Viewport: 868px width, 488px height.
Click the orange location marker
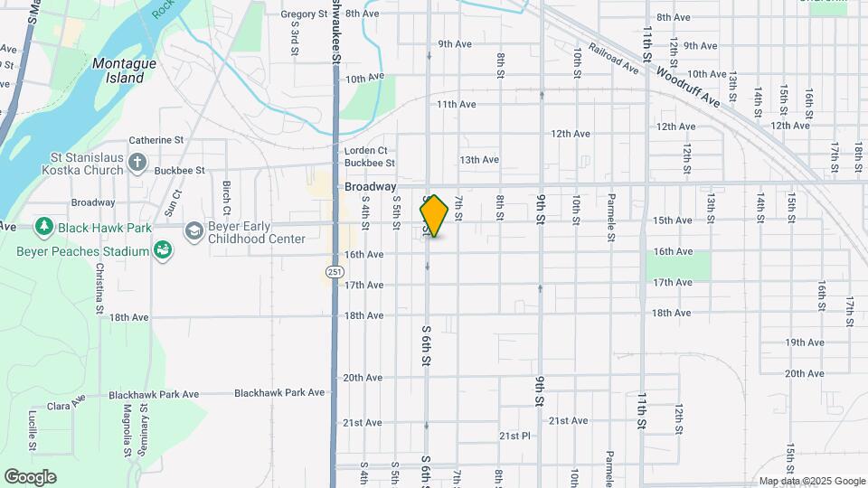(x=434, y=216)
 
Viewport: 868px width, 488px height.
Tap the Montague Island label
(x=124, y=70)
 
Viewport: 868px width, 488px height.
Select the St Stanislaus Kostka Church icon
(x=137, y=163)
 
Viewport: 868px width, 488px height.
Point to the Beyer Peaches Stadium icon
(x=163, y=249)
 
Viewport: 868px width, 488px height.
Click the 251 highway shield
(x=334, y=271)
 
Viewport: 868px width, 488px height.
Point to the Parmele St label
(x=611, y=211)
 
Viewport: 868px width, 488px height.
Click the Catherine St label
(x=156, y=140)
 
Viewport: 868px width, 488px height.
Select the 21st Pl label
(x=514, y=436)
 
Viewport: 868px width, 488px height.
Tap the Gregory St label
(x=304, y=14)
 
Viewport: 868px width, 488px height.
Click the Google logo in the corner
(x=30, y=477)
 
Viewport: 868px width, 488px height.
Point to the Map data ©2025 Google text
(x=811, y=481)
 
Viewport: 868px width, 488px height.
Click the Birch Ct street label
(x=227, y=192)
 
